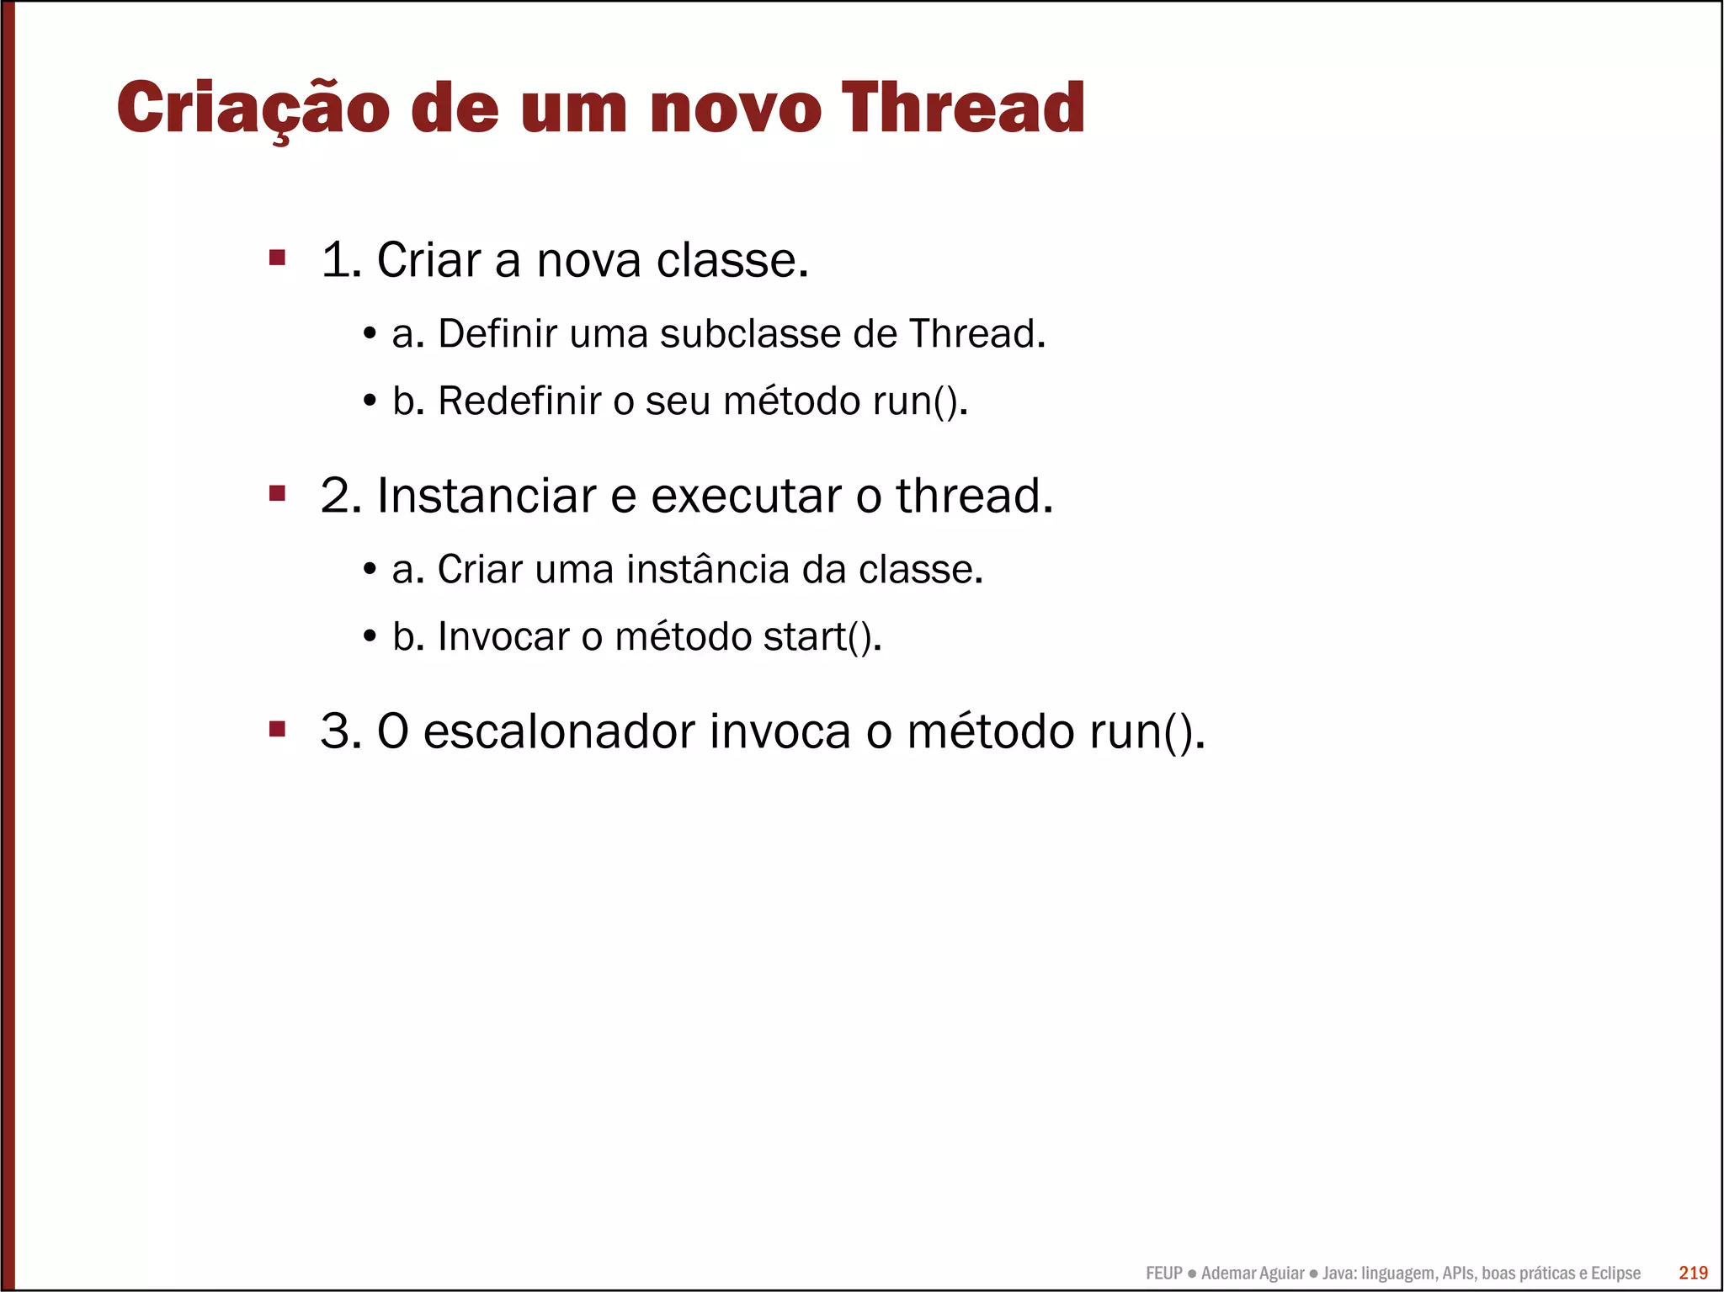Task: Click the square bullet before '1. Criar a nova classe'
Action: pos(277,257)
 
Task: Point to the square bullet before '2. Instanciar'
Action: pos(277,492)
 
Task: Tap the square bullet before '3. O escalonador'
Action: pos(277,728)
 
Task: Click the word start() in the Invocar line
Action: pos(820,636)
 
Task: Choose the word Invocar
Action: pos(503,636)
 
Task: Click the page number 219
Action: pos(1693,1273)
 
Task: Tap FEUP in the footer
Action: pos(1163,1273)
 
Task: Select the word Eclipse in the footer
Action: pos(1615,1273)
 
